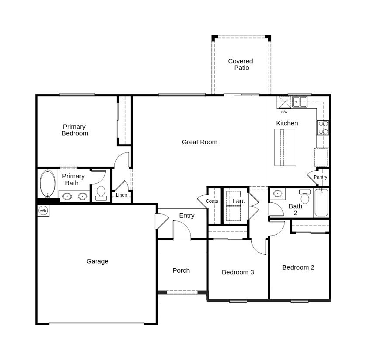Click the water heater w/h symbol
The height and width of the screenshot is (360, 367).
click(x=43, y=211)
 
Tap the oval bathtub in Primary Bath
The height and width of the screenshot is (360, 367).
click(x=48, y=184)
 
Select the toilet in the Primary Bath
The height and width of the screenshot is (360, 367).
click(x=101, y=192)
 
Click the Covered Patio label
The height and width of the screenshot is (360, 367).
click(x=241, y=64)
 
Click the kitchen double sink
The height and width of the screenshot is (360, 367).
click(x=299, y=102)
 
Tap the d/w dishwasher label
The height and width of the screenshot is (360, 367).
click(x=284, y=112)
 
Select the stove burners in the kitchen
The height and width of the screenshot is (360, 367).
click(x=323, y=128)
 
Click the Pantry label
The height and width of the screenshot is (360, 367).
click(x=320, y=177)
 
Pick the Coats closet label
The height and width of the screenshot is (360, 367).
click(x=212, y=201)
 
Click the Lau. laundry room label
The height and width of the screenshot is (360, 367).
click(x=239, y=201)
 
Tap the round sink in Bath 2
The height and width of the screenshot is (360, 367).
click(x=277, y=194)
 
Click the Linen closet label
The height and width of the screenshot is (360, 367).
click(x=121, y=195)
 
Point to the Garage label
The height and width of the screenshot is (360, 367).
click(x=97, y=261)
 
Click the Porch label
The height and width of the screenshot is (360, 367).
click(x=181, y=270)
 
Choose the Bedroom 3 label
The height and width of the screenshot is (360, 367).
click(x=238, y=272)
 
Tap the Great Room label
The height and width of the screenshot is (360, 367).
click(x=199, y=142)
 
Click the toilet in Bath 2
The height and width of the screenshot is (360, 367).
click(x=305, y=197)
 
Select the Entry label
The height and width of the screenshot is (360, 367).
click(x=187, y=215)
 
